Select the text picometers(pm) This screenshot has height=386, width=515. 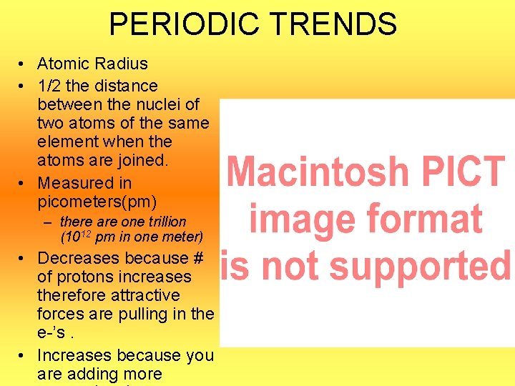coord(97,202)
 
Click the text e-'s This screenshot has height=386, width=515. coord(54,332)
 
